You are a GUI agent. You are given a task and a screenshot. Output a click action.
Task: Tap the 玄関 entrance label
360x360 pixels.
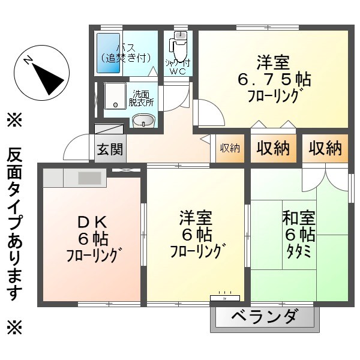(x=110, y=149)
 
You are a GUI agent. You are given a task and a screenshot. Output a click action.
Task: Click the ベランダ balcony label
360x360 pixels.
(x=264, y=316)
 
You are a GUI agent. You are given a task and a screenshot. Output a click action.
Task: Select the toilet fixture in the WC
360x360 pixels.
(x=179, y=44)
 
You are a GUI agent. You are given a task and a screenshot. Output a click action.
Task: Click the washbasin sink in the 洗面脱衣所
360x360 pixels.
(x=143, y=121)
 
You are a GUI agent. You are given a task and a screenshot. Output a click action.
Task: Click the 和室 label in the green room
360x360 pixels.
(x=298, y=218)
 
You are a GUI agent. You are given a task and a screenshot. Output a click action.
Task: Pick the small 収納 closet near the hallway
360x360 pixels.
(x=230, y=148)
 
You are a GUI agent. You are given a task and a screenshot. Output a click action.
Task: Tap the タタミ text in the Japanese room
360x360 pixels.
(x=298, y=251)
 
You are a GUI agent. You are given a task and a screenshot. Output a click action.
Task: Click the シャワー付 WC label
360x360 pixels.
(x=179, y=67)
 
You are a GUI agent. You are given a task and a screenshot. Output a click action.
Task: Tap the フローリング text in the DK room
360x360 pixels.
(x=95, y=254)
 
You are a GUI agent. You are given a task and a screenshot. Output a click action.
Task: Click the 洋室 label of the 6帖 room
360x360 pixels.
(x=196, y=217)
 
